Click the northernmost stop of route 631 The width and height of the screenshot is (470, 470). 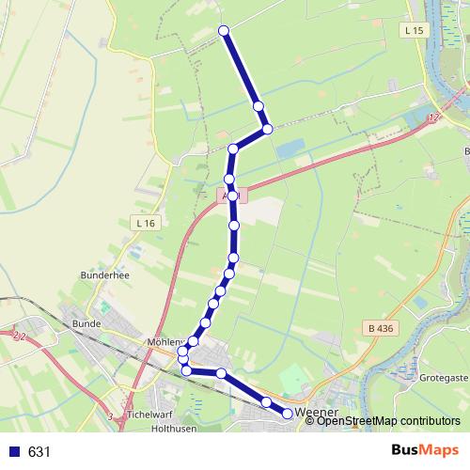tap(224, 31)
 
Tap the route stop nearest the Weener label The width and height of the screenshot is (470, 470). tap(288, 413)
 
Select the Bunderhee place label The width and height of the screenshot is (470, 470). tap(102, 275)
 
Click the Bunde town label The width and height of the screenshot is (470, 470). tap(86, 322)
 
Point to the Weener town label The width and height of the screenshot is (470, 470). tap(316, 413)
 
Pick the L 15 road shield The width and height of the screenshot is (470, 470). tap(411, 31)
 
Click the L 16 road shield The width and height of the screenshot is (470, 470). tap(143, 223)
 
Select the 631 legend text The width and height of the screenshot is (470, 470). tap(39, 452)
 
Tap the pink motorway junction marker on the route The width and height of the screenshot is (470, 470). tap(232, 196)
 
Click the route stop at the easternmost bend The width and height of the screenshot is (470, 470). tap(267, 129)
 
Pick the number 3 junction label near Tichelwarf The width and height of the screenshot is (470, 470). tap(111, 415)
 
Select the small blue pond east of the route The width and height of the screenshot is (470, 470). tap(291, 148)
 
